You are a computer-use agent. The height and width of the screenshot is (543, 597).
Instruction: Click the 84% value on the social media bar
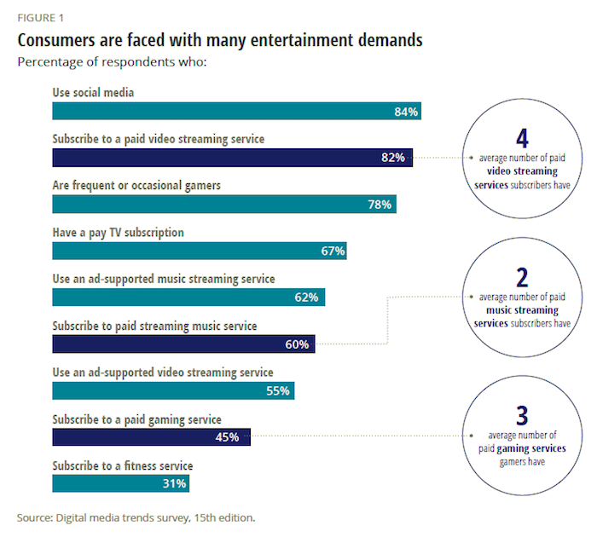pos(406,112)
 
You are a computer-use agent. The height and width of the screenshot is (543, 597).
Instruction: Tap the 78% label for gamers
pos(380,205)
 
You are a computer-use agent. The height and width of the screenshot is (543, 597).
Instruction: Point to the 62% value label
pos(308,297)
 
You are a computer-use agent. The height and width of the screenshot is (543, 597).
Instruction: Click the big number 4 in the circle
pos(523,139)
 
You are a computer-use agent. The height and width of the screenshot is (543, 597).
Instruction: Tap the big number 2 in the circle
pos(523,277)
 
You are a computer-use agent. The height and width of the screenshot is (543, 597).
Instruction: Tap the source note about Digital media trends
pos(136,517)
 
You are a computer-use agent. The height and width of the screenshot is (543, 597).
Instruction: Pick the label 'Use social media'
pos(94,93)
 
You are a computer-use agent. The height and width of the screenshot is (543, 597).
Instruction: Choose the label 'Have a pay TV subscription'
pos(118,233)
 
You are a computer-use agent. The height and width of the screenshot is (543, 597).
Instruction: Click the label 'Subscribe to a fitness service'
pos(123,465)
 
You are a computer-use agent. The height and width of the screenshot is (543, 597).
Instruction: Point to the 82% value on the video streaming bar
pos(393,158)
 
